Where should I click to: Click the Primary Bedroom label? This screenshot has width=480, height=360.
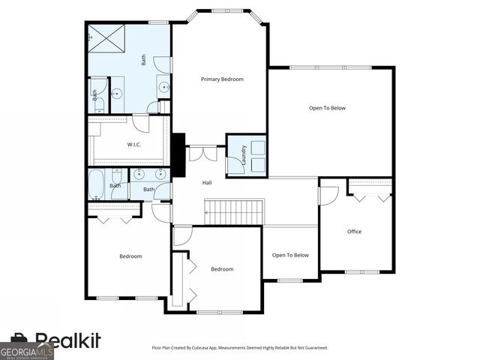222,79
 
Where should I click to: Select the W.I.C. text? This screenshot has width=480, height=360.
135,144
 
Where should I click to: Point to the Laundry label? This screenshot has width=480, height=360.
244,155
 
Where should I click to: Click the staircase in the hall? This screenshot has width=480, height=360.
235,211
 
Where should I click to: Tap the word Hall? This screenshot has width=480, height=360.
207,183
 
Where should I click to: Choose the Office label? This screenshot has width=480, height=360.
354,232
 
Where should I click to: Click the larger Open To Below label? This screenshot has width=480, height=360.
328,108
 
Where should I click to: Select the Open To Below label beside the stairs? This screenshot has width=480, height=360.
290,255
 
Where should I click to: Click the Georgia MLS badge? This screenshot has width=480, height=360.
27,351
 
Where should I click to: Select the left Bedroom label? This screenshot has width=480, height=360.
130,256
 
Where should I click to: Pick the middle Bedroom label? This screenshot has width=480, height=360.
222,269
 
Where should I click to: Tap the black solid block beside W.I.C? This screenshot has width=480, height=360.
178,154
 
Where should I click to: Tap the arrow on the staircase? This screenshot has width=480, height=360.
208,212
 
